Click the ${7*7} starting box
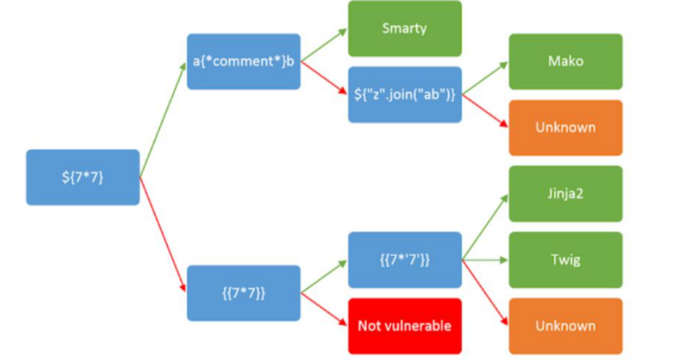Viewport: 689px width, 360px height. [83, 177]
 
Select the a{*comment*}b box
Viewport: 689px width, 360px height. [244, 61]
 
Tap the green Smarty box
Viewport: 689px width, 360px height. [404, 28]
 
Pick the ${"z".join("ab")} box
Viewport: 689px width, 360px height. [404, 94]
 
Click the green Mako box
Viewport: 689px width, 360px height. [565, 61]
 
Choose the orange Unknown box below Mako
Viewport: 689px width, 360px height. [565, 127]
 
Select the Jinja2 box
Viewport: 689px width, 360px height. [565, 194]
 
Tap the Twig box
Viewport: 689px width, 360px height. [565, 260]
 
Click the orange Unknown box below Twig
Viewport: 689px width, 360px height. [565, 326]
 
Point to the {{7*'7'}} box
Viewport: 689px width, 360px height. [404, 260]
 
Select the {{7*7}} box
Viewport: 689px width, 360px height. [244, 293]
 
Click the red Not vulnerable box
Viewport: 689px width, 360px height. [404, 326]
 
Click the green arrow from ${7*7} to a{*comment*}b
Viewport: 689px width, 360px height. [163, 120]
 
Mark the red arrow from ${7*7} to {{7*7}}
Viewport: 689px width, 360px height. [163, 235]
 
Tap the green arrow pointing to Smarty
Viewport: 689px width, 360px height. [324, 45]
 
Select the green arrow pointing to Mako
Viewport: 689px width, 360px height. [485, 78]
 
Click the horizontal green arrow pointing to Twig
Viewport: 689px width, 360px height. [485, 260]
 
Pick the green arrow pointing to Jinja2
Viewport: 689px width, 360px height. [485, 227]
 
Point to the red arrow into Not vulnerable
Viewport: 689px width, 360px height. [324, 310]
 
